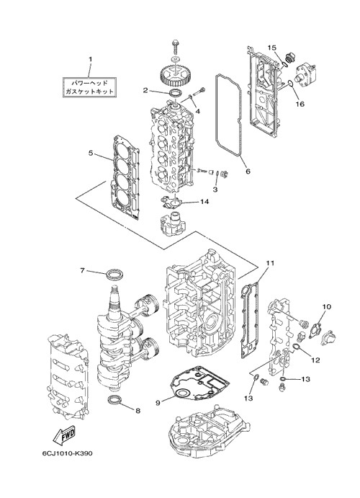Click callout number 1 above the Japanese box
click(x=90, y=59)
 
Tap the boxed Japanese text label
click(x=89, y=87)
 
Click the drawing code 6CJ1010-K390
click(x=67, y=453)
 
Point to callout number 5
click(x=91, y=153)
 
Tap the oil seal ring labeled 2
click(x=175, y=94)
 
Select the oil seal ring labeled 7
click(x=114, y=275)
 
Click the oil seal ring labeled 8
click(x=114, y=399)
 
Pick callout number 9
click(x=158, y=402)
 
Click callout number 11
click(x=270, y=263)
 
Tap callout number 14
click(x=204, y=202)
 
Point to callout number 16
click(x=300, y=104)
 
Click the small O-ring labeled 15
click(x=285, y=66)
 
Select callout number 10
click(x=327, y=306)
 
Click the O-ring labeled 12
click(x=296, y=346)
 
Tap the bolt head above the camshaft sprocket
click(x=175, y=42)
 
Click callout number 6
click(x=248, y=172)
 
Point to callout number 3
click(x=215, y=190)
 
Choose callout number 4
click(x=197, y=111)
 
